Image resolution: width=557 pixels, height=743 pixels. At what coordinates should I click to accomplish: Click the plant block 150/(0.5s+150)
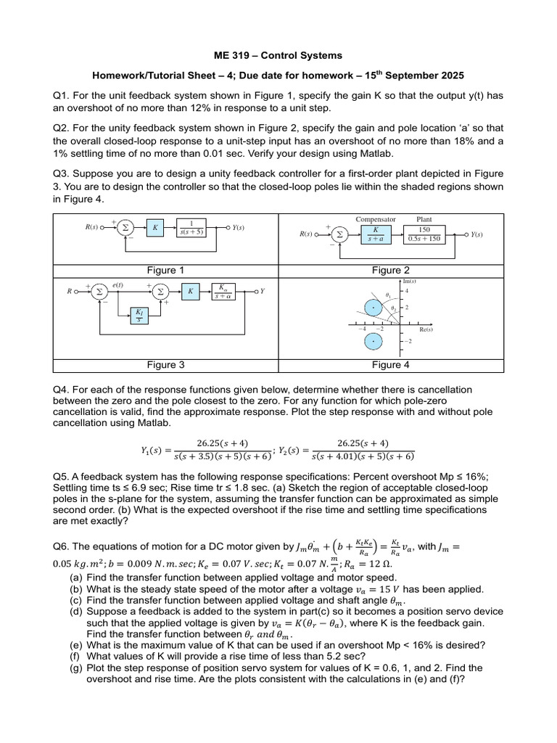pos(424,234)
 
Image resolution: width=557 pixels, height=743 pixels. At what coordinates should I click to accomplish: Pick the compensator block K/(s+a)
pos(376,234)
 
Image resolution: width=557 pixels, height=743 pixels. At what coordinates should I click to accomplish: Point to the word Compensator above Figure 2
pos(376,218)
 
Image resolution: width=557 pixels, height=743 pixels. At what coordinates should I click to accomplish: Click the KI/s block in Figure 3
pos(138,314)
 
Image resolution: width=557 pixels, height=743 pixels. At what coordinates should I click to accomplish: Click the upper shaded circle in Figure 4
pos(374,308)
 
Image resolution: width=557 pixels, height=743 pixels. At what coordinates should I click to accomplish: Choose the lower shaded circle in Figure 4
pos(374,340)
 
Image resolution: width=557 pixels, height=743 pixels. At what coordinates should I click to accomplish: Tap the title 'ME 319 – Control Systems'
pos(278,55)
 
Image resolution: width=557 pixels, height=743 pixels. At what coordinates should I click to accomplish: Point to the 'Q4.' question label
pos(63,390)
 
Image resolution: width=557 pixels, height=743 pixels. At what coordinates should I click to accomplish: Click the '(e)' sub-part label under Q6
pos(76,644)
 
